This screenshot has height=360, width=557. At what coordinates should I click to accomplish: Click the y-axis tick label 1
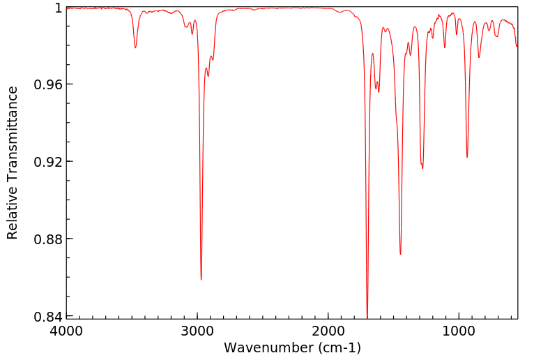[58, 8]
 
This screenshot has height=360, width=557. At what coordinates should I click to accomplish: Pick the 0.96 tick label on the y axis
[49, 84]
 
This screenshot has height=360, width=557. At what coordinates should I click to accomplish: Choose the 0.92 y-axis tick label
[49, 162]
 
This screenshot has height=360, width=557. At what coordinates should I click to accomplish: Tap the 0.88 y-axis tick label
[49, 239]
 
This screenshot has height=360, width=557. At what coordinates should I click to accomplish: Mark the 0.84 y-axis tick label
[49, 317]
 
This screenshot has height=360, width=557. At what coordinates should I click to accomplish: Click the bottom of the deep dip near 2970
[201, 279]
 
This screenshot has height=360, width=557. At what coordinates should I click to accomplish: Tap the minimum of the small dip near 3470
[135, 47]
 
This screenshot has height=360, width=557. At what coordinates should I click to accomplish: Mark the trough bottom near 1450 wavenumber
[400, 254]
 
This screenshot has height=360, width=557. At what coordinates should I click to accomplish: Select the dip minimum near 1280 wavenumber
[422, 168]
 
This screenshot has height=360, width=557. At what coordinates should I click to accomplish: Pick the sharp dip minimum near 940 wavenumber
[467, 157]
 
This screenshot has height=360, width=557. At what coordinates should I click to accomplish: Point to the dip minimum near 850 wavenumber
[479, 57]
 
